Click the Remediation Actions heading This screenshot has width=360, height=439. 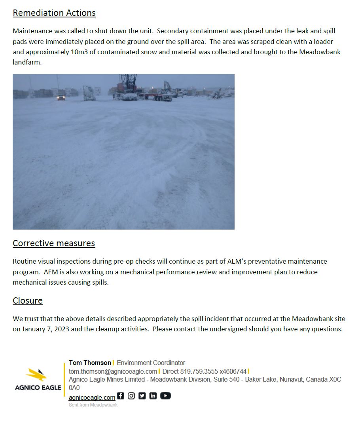(54, 13)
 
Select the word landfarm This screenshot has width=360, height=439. (27, 62)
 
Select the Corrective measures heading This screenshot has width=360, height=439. (54, 243)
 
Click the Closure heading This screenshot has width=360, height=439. (28, 300)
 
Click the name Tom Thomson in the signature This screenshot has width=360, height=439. (90, 363)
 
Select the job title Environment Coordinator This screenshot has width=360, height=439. (151, 363)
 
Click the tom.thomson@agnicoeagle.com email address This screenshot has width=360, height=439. (113, 371)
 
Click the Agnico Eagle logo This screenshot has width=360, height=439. (38, 379)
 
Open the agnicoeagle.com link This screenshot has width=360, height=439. (92, 397)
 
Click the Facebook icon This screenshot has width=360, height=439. (121, 395)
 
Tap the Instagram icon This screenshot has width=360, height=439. (131, 395)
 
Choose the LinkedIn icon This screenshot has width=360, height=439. (153, 395)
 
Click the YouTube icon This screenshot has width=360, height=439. (165, 395)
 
